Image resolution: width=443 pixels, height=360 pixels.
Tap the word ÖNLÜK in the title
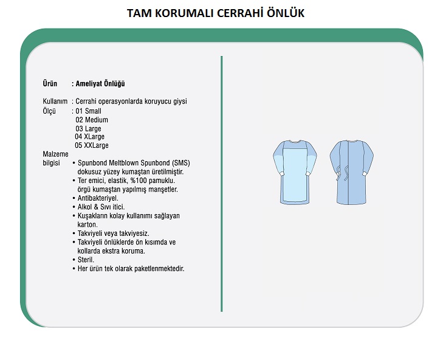(285, 13)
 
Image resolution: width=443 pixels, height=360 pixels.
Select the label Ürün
(50, 84)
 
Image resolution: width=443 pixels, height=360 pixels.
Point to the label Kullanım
(55, 102)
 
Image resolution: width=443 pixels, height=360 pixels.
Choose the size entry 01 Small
(89, 111)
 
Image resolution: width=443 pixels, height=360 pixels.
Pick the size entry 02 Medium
(92, 120)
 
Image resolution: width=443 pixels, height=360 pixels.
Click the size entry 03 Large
(89, 129)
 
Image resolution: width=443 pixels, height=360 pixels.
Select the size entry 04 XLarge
(90, 137)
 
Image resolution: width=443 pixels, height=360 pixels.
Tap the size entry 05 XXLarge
(92, 146)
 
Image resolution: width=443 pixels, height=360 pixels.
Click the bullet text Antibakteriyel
(98, 198)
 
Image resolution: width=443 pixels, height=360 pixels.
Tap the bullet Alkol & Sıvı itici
(101, 207)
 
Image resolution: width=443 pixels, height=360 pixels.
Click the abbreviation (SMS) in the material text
(181, 163)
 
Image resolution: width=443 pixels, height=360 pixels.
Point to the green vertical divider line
(222, 182)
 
